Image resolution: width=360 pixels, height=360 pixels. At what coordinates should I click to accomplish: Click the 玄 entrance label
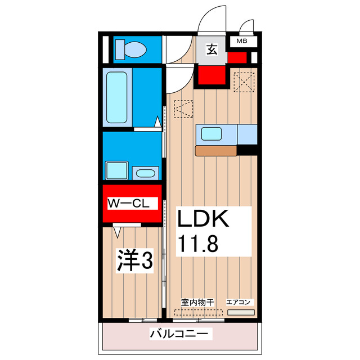(x=211, y=50)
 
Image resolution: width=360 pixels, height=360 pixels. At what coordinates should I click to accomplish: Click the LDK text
(x=204, y=218)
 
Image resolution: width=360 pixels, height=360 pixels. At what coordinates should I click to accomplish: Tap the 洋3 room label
(x=135, y=261)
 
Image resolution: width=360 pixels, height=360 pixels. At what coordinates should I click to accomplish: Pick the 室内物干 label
(x=197, y=302)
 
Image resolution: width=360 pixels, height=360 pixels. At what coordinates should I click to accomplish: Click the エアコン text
(x=241, y=302)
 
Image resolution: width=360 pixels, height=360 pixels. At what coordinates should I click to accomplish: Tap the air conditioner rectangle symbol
(x=241, y=312)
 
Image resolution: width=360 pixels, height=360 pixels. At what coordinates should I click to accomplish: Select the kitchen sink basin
(x=212, y=134)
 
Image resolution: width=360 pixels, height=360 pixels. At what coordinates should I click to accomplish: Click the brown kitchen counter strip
(x=216, y=151)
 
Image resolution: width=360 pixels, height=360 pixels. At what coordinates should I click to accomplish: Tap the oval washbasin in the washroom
(x=146, y=173)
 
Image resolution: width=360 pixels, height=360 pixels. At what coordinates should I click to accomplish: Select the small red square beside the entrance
(x=237, y=57)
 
